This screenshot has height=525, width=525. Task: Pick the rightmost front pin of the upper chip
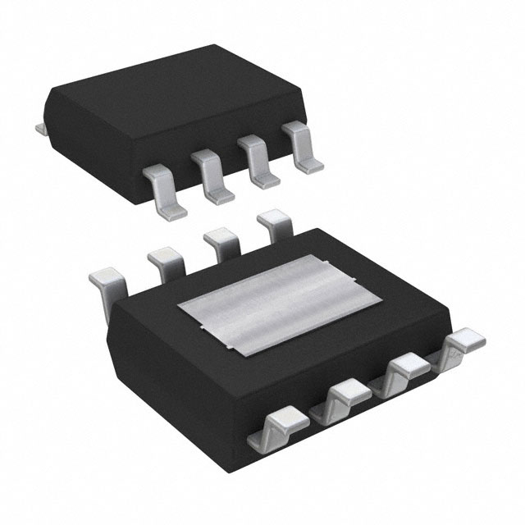pyautogui.click(x=299, y=151)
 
